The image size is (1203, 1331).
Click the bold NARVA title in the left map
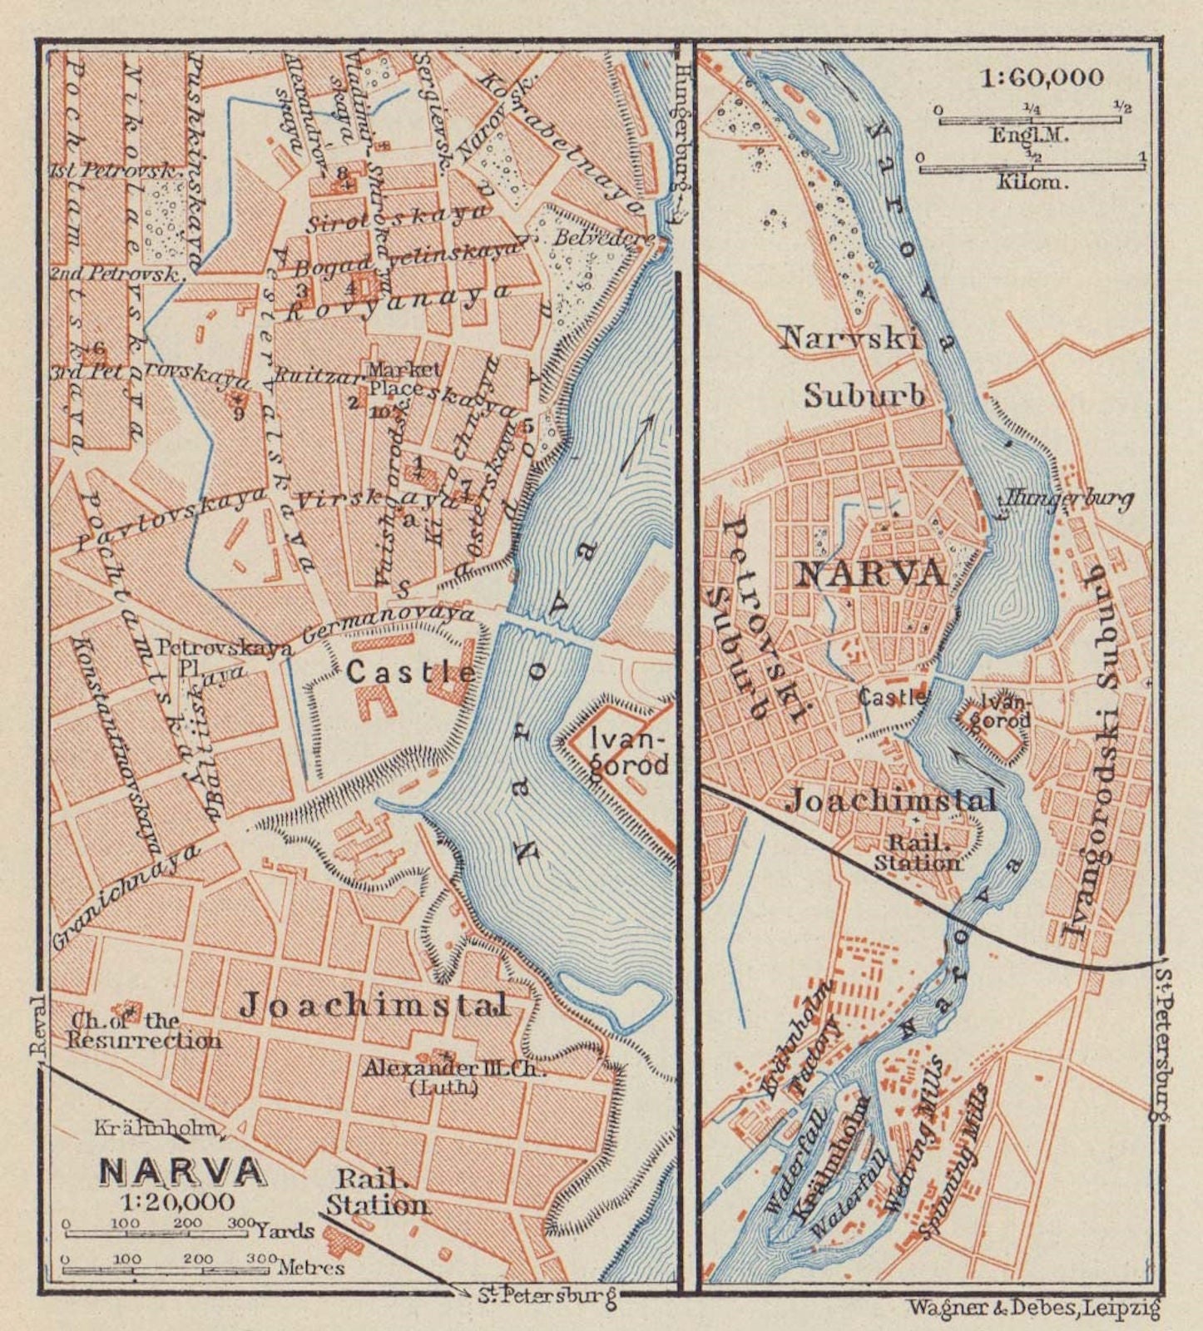pos(183,1171)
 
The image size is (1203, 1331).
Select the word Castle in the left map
pos(411,672)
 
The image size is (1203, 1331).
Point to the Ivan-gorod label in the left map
pos(629,751)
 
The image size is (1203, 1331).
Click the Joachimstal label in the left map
pos(374,1006)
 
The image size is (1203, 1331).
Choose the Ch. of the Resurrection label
pos(145,1031)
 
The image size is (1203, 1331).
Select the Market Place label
pos(396,379)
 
